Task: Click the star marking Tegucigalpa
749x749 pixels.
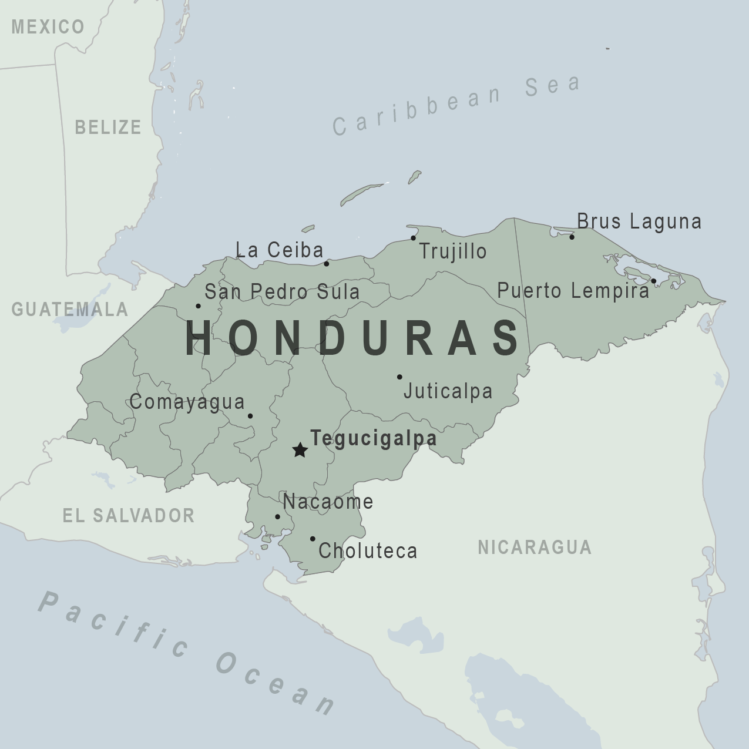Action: pos(300,451)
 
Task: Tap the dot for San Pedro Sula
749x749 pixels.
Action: pos(198,306)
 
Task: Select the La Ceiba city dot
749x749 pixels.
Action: pos(327,264)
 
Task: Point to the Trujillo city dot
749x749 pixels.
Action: pos(413,238)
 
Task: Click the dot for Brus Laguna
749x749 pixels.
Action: pos(572,237)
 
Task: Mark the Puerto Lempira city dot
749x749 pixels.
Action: pos(653,281)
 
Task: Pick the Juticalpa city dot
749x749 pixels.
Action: pos(399,377)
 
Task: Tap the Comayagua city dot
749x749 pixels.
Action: pos(250,416)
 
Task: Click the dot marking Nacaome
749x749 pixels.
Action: pos(277,517)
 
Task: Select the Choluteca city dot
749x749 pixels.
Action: pos(313,539)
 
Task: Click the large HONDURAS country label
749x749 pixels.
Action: pos(352,338)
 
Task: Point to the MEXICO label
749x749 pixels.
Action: pos(48,27)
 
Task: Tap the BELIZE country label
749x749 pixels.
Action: pos(108,127)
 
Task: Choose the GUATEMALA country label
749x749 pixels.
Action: pos(70,310)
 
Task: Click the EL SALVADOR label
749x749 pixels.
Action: pos(129,516)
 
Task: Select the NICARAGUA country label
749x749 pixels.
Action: pos(535,547)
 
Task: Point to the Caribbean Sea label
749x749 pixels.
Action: pos(456,105)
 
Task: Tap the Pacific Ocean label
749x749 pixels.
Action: pos(187,652)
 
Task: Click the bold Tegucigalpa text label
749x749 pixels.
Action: pos(374,439)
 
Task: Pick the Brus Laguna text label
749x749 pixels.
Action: pos(639,221)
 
